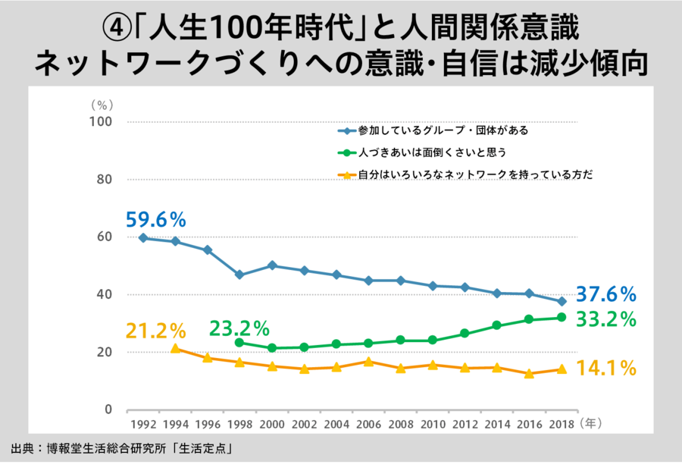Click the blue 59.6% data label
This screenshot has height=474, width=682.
pyautogui.click(x=155, y=221)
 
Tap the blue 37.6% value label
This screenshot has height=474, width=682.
pyautogui.click(x=605, y=294)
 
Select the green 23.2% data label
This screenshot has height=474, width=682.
pyautogui.click(x=239, y=329)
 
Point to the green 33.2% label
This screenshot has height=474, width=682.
pyautogui.click(x=605, y=319)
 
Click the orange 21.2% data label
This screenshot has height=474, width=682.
pyautogui.click(x=155, y=331)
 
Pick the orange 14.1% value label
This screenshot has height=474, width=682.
pyautogui.click(x=605, y=369)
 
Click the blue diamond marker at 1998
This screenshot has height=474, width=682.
pyautogui.click(x=239, y=275)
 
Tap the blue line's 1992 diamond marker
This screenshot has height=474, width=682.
pyautogui.click(x=143, y=238)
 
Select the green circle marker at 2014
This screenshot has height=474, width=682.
pyautogui.click(x=497, y=325)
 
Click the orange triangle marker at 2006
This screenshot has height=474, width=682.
pyautogui.click(x=368, y=362)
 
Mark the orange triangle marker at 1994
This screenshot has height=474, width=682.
pyautogui.click(x=175, y=349)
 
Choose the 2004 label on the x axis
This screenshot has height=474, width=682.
pyautogui.click(x=336, y=425)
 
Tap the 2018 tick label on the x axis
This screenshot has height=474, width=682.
pyautogui.click(x=562, y=425)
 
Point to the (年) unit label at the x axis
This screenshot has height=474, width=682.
pyautogui.click(x=592, y=425)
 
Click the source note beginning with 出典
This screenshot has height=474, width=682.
pyautogui.click(x=121, y=449)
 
